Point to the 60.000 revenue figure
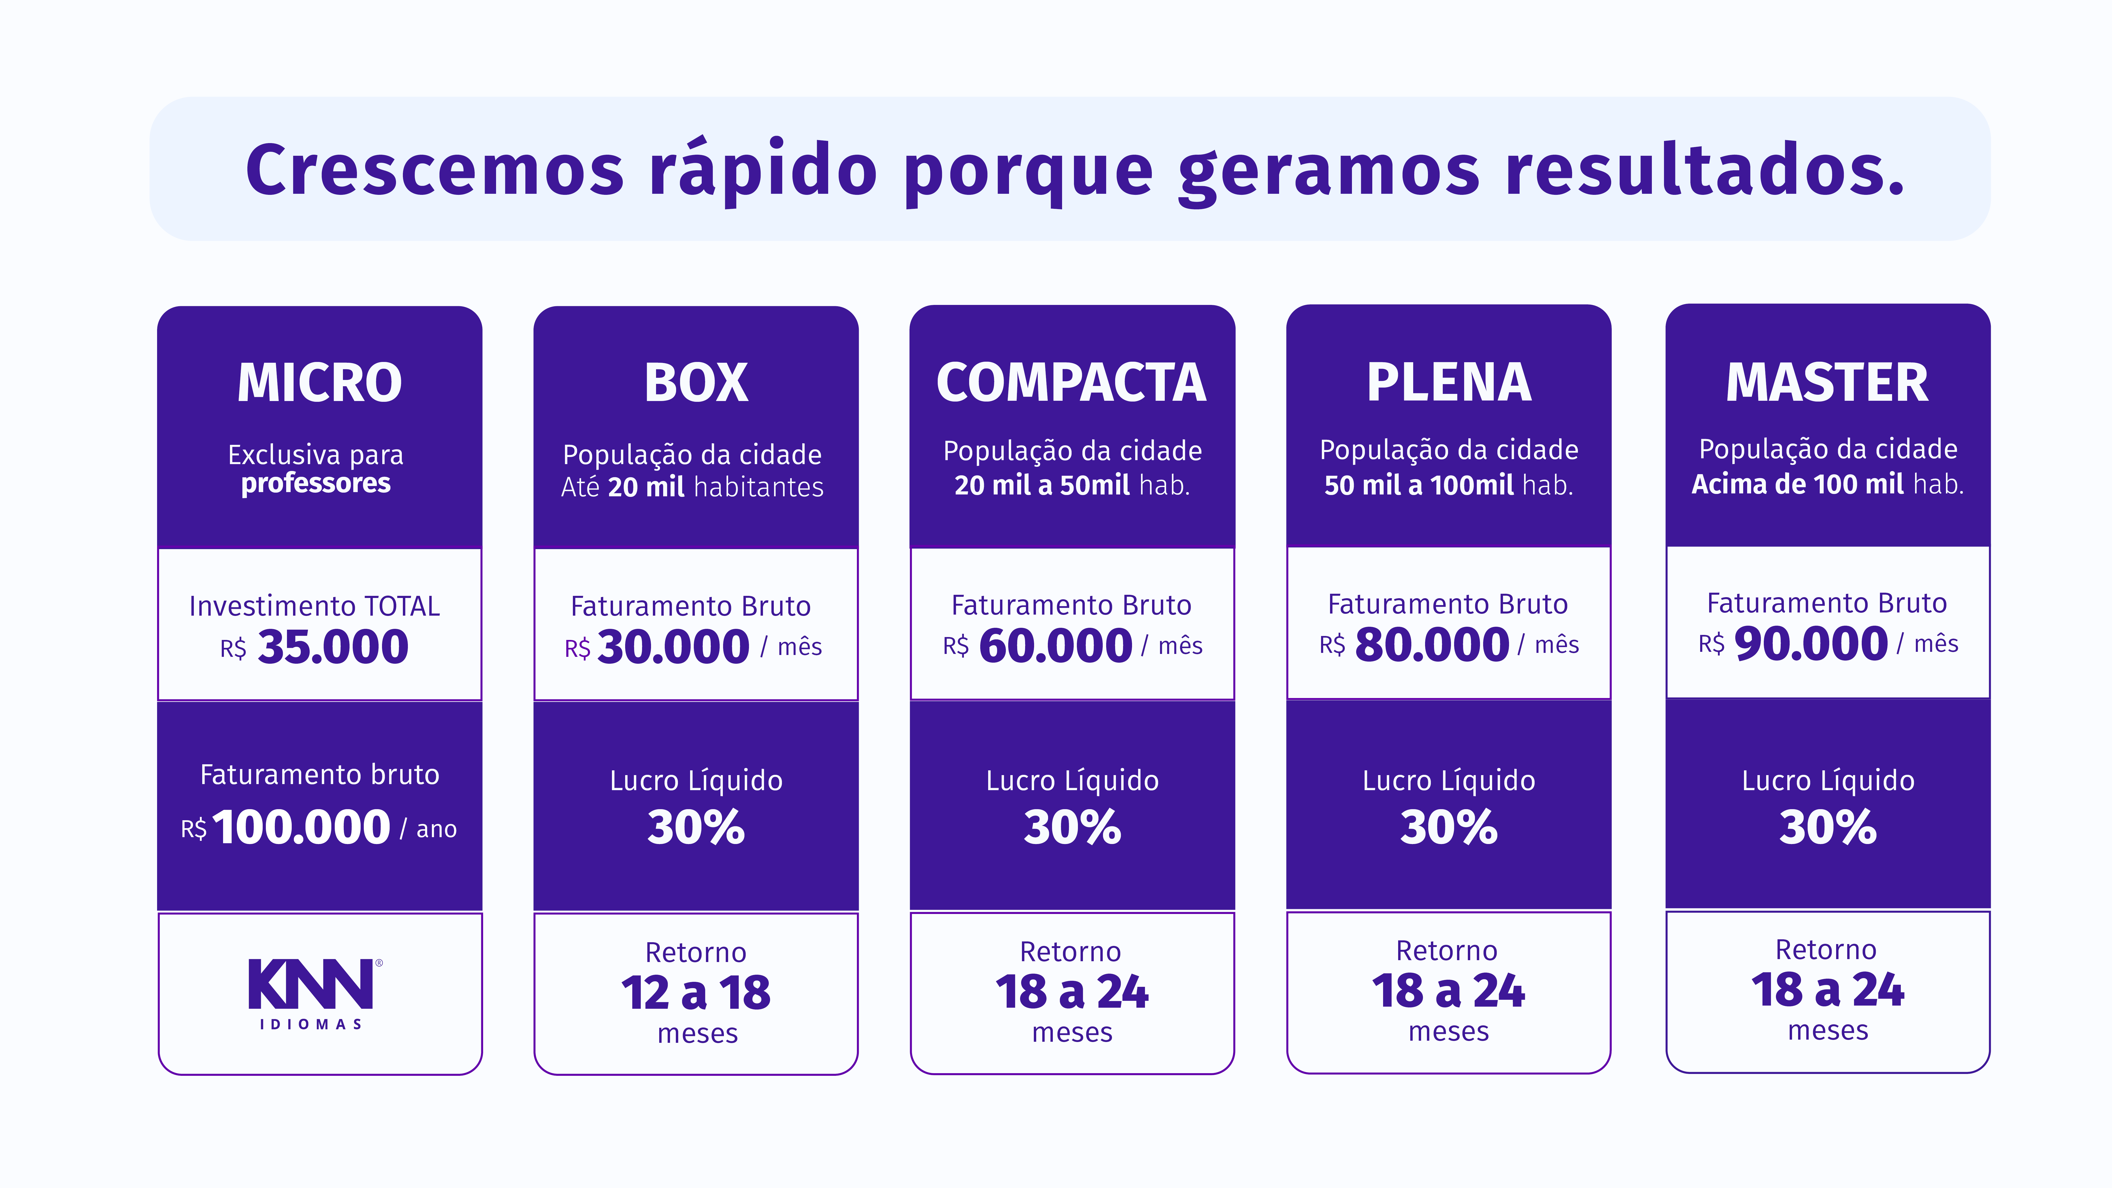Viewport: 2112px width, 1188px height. (x=1055, y=646)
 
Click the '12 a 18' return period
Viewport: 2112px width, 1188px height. (x=696, y=993)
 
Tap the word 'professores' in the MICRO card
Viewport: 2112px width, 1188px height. (x=316, y=484)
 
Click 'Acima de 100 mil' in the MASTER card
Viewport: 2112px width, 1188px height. (x=1797, y=484)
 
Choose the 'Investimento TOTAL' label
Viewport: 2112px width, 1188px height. (x=315, y=606)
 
